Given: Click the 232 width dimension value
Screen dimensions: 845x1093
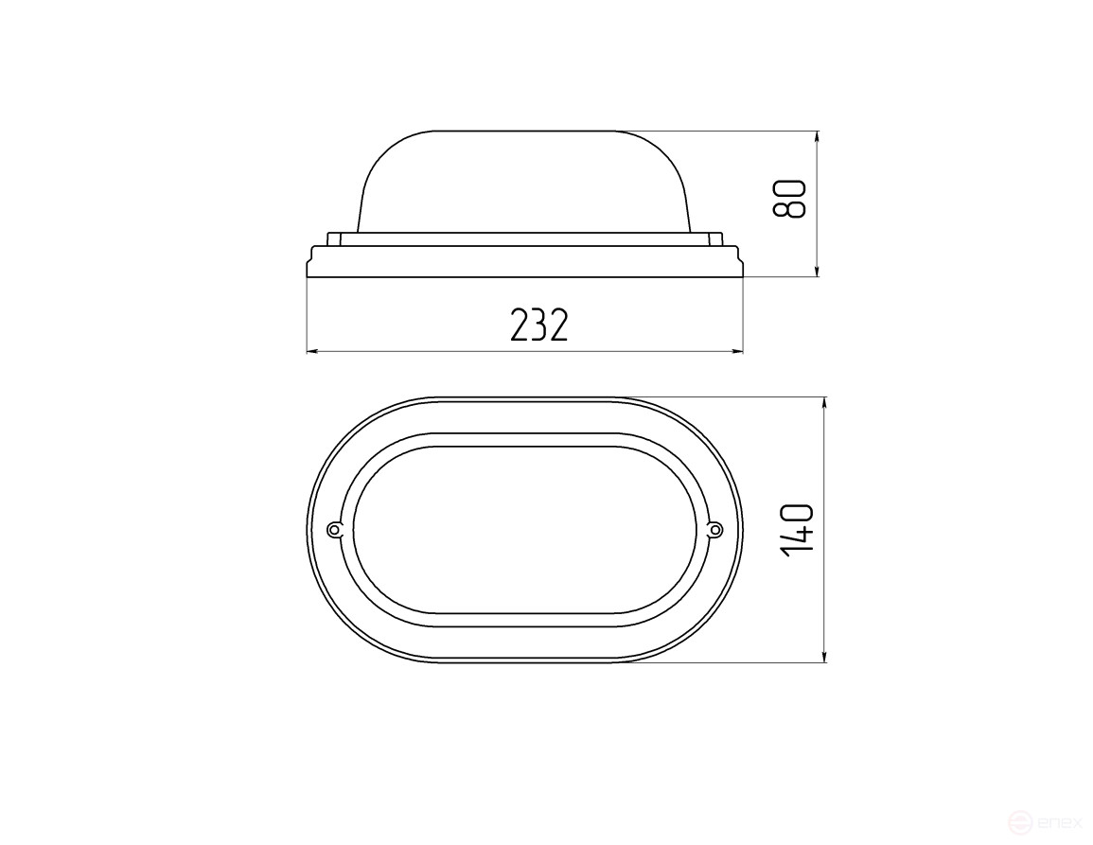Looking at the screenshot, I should pyautogui.click(x=538, y=326).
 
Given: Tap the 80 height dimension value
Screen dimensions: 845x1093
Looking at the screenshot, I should pyautogui.click(x=788, y=198).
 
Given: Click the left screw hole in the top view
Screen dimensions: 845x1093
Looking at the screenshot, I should pyautogui.click(x=333, y=529).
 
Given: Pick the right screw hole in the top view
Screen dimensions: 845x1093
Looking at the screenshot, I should pyautogui.click(x=715, y=529).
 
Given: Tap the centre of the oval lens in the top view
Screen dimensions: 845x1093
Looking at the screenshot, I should pyautogui.click(x=524, y=530).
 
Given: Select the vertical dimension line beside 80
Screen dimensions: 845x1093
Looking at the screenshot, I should pyautogui.click(x=818, y=237).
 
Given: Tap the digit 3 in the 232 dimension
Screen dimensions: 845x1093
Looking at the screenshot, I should pyautogui.click(x=538, y=326).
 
